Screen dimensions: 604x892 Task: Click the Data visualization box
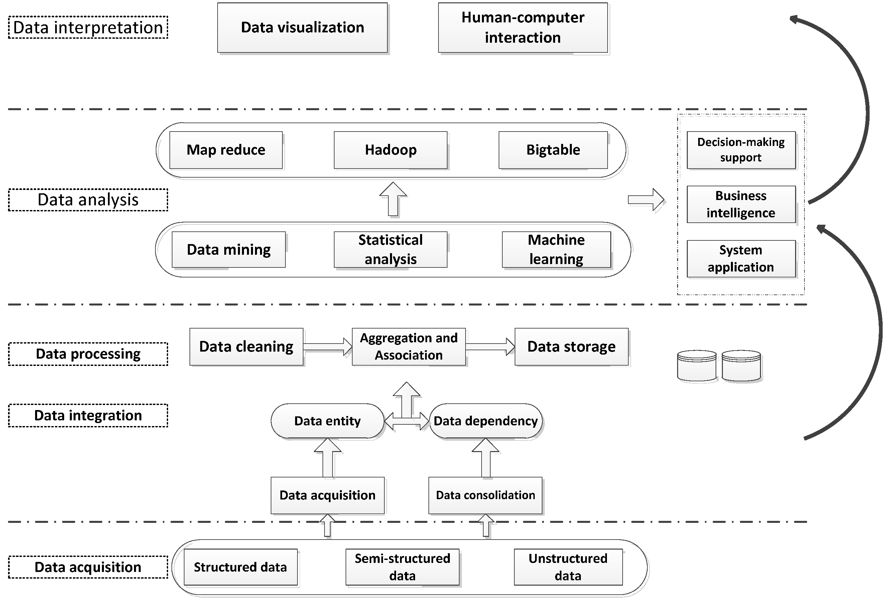302,28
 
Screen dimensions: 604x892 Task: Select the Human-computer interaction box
523,28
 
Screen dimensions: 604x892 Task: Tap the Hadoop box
390,150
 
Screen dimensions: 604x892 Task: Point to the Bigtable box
553,150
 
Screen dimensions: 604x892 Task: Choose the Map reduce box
226,150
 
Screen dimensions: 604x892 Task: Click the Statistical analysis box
390,249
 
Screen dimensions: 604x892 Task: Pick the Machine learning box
556,249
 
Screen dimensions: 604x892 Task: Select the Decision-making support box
741,150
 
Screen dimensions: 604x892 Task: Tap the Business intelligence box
741,204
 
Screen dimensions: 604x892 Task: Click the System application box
741,258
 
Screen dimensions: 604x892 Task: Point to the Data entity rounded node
328,421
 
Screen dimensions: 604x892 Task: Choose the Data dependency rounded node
486,421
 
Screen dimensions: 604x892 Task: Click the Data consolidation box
485,495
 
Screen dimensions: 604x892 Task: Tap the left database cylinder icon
696,366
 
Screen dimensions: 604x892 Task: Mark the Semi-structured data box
402,567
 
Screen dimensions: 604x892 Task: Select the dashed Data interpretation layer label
88,28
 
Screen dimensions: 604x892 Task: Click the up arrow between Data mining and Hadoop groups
393,199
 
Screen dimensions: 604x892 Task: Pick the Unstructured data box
568,567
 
